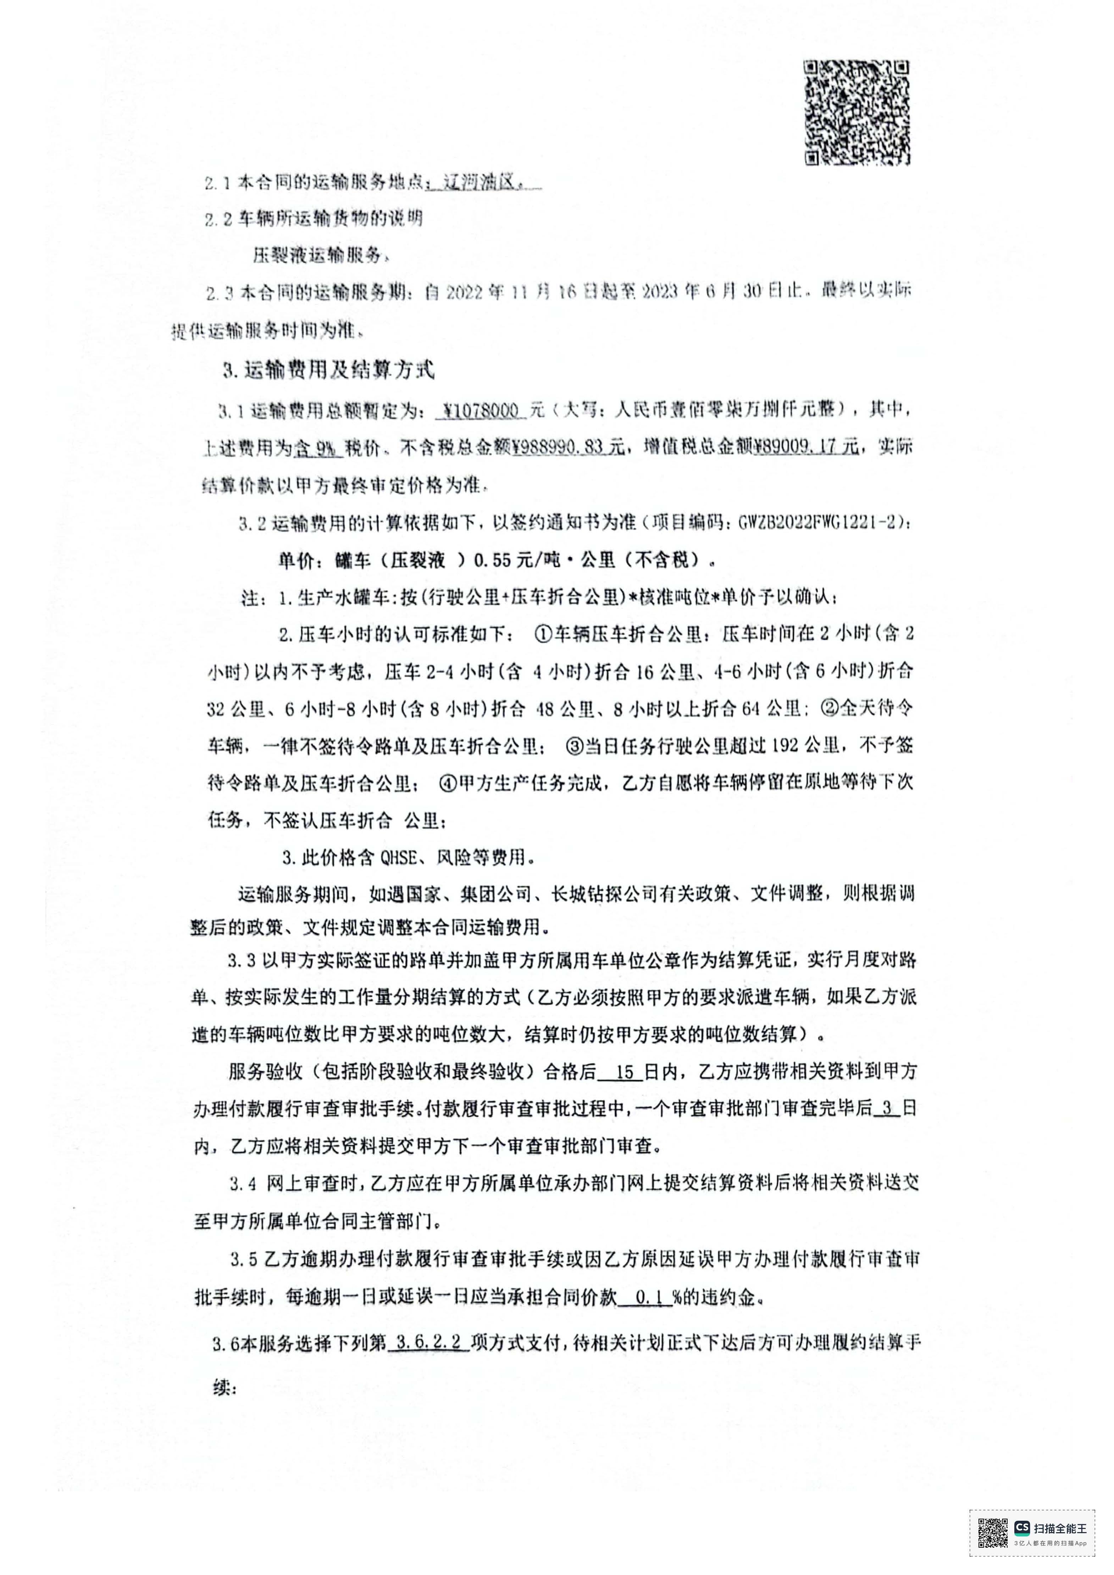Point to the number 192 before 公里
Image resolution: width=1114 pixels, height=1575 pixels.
point(786,746)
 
